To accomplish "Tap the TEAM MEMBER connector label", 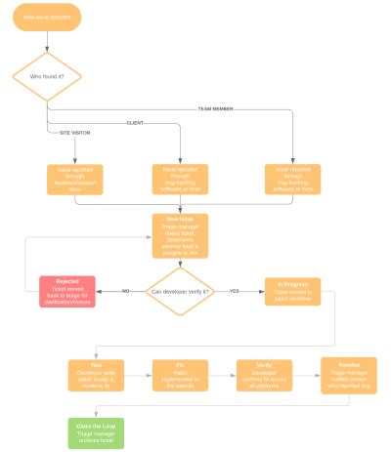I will pyautogui.click(x=217, y=108).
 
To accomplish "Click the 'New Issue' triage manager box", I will pyautogui.click(x=179, y=235).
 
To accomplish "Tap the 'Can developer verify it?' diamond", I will pyautogui.click(x=180, y=290).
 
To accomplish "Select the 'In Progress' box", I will pyautogui.click(x=292, y=290).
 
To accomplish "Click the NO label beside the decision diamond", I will pyautogui.click(x=125, y=291).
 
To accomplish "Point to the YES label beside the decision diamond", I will pyautogui.click(x=235, y=291).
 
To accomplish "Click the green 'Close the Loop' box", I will pyautogui.click(x=95, y=431).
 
